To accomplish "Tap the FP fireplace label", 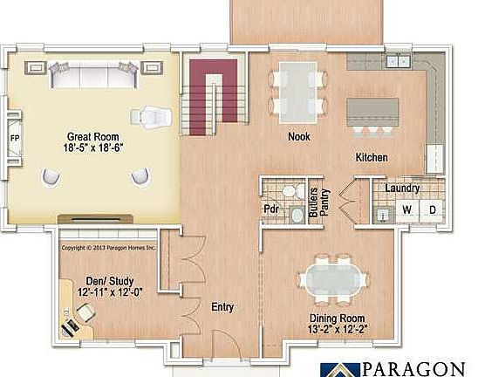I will [15, 138].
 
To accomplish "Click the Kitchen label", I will [371, 158].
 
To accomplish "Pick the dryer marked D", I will [431, 210].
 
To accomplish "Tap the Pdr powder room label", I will [270, 209].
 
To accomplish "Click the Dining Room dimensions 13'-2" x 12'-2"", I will [338, 329].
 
